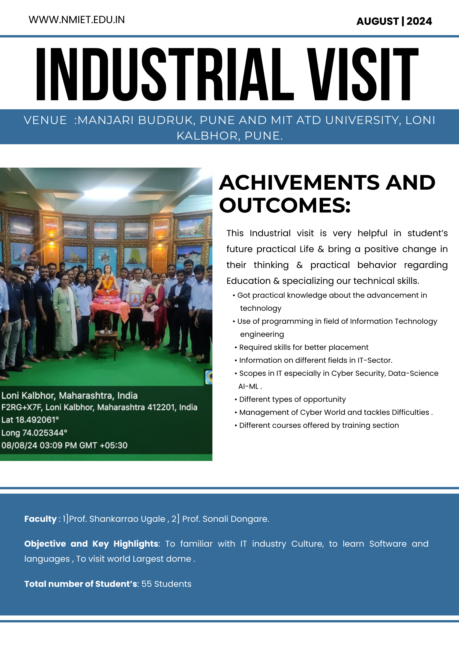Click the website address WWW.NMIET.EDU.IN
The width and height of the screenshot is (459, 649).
click(x=77, y=20)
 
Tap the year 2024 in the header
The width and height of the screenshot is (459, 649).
click(x=419, y=21)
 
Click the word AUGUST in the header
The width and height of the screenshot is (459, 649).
click(x=377, y=21)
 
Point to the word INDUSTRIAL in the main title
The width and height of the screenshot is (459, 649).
click(x=165, y=75)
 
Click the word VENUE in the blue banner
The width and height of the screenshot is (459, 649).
click(x=45, y=120)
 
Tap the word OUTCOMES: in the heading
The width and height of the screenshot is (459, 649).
click(x=285, y=205)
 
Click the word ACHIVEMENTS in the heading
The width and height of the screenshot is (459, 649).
click(x=299, y=183)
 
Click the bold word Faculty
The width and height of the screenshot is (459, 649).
click(x=40, y=519)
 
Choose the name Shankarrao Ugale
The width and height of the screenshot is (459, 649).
click(x=127, y=519)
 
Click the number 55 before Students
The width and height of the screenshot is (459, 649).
click(x=146, y=584)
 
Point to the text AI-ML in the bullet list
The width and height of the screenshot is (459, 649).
click(x=248, y=387)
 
